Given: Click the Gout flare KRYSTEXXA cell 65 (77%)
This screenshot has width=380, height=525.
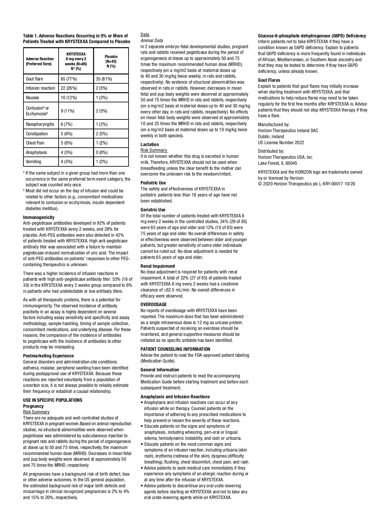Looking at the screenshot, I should click(69, 79).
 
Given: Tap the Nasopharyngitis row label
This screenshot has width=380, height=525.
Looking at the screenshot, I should click(40, 124).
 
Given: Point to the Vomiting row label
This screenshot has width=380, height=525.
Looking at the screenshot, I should click(34, 162).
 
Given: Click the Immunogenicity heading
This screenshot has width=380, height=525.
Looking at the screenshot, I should click(39, 217).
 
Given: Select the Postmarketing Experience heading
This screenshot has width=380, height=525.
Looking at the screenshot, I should click(48, 356).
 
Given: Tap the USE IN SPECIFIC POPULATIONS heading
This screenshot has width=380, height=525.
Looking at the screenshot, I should click(53, 400).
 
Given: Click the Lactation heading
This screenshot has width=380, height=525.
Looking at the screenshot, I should click(150, 144).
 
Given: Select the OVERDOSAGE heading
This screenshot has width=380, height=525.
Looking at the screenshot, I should click(154, 304).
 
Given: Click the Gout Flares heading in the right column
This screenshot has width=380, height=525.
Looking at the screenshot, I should click(269, 80).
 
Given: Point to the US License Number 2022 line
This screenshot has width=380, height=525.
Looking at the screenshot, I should click(281, 143).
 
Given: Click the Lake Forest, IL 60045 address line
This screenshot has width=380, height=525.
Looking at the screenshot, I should click(277, 163).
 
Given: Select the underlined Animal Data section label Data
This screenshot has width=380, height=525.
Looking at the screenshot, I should click(145, 35).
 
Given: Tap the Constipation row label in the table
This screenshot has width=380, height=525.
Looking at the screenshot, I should click(37, 134).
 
